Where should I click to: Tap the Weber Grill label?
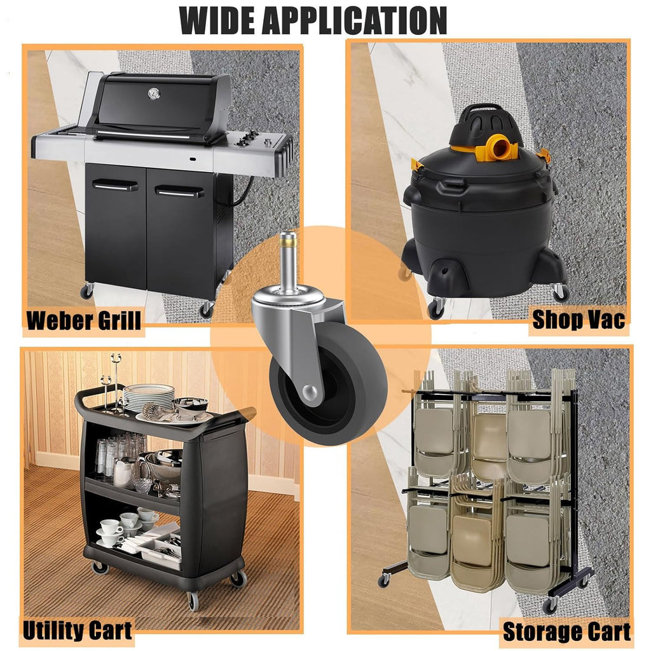(x=84, y=320)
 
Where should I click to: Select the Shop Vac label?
(x=579, y=320)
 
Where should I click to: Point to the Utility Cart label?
(x=78, y=631)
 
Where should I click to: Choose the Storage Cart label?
(x=566, y=631)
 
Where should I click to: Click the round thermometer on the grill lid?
(x=154, y=93)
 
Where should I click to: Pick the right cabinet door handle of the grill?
(x=179, y=191)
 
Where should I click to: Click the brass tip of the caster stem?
(x=288, y=239)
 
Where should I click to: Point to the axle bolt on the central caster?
(x=311, y=392)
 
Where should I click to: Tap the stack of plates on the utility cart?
(x=149, y=397)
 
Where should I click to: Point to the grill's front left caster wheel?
(x=86, y=291)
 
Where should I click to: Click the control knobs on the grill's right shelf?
(x=249, y=137)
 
